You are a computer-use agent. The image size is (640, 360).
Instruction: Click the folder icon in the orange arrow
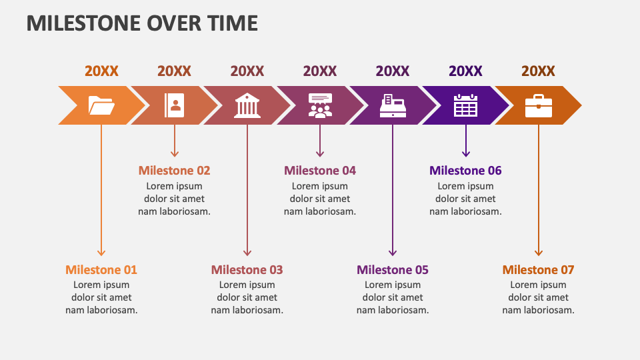[x=101, y=105]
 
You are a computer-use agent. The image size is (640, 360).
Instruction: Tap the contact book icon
[x=174, y=105]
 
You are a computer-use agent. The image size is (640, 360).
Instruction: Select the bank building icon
[x=247, y=105]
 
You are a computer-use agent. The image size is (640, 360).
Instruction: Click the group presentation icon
[x=320, y=105]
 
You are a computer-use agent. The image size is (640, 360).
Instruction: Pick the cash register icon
[x=393, y=105]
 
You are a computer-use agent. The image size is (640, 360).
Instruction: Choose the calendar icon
[x=465, y=105]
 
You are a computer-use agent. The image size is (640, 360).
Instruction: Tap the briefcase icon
[x=538, y=105]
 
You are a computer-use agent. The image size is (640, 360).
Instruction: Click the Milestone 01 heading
[x=101, y=270]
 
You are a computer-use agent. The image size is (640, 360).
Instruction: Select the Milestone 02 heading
[x=174, y=171]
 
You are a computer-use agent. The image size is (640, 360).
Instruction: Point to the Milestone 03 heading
[x=247, y=270]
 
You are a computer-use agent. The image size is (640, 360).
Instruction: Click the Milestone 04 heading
[x=320, y=171]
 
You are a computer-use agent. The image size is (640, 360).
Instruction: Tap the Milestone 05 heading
[x=393, y=270]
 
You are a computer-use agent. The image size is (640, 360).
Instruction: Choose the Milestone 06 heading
[x=465, y=171]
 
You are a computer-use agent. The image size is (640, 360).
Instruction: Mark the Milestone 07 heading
[x=538, y=270]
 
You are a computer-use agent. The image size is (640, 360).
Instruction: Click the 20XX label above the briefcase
[x=538, y=71]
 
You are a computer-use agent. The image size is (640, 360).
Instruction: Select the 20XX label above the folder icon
[x=101, y=71]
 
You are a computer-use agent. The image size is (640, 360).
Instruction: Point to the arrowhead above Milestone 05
[x=393, y=252]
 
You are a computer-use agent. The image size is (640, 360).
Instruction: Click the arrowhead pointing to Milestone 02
[x=175, y=153]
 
